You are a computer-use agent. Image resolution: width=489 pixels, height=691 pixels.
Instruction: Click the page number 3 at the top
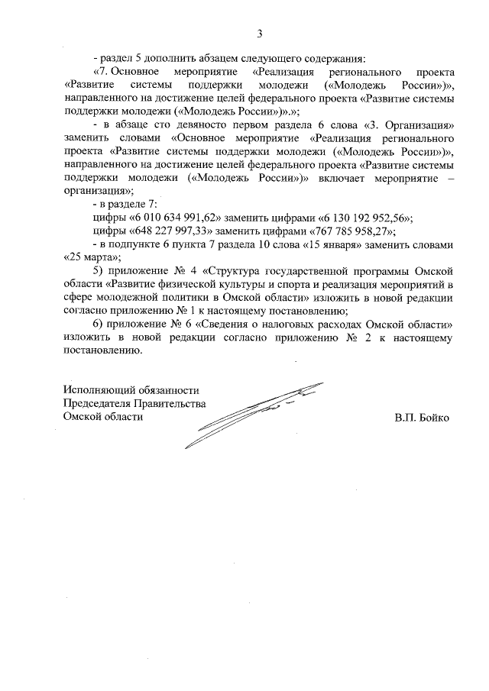pos(260,34)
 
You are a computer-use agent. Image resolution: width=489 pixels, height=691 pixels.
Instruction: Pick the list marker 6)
pos(98,324)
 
